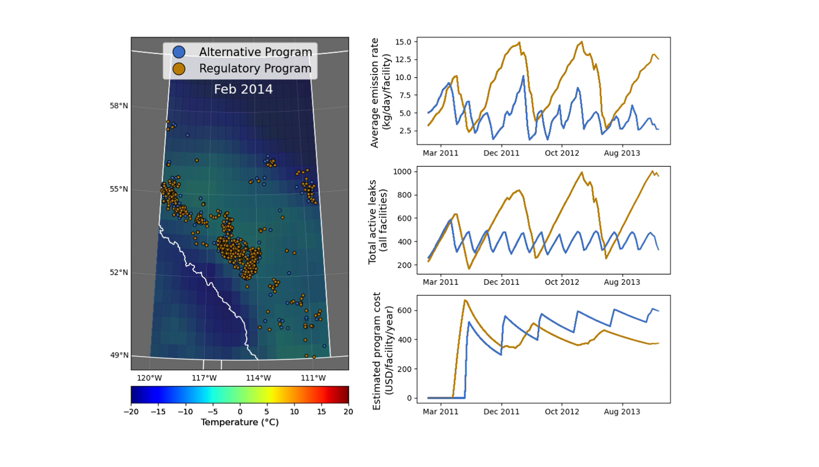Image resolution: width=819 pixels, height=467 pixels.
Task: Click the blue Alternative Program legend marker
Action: (x=179, y=52)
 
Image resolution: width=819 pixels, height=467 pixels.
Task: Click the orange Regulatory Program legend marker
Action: (x=179, y=69)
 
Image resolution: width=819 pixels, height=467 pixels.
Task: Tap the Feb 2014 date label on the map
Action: (x=243, y=89)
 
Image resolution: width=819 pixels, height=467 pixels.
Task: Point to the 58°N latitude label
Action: (x=119, y=105)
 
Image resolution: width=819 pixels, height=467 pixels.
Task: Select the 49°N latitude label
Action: (x=119, y=355)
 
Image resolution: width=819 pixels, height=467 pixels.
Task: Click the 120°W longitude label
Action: (x=149, y=378)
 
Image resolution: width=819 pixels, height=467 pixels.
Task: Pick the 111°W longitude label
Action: (x=313, y=378)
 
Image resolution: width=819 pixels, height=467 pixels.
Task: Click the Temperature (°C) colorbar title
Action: (x=239, y=422)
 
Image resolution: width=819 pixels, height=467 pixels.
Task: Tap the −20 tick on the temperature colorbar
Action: (x=131, y=411)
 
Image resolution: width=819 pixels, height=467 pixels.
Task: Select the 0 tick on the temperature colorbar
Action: (x=240, y=411)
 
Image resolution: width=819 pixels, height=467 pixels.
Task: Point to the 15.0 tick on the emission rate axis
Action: (x=403, y=42)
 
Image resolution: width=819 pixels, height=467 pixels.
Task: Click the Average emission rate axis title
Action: (x=380, y=93)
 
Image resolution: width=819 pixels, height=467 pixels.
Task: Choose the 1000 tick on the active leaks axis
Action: (x=402, y=172)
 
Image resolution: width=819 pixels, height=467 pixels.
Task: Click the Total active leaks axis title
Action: (x=377, y=222)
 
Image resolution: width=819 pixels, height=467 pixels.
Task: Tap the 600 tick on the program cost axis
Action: (x=405, y=311)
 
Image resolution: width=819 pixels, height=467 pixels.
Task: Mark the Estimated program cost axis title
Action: (x=382, y=351)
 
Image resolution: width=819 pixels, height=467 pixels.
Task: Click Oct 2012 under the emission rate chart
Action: (x=562, y=153)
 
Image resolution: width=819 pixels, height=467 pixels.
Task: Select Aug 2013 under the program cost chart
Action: (x=622, y=411)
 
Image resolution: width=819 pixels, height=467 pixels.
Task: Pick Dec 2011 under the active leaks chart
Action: (x=501, y=282)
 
